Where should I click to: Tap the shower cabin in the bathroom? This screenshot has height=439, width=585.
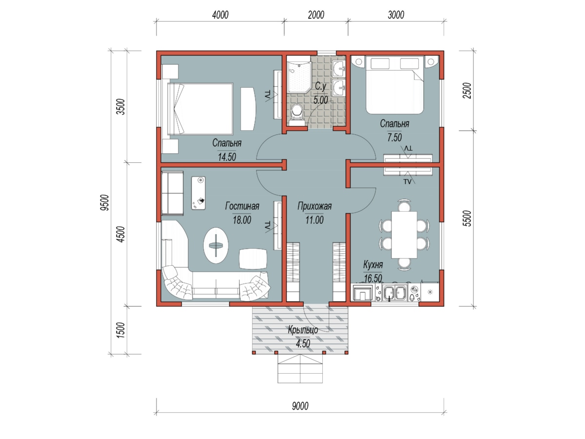[x=299, y=77]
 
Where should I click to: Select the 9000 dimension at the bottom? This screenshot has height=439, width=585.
[x=300, y=406]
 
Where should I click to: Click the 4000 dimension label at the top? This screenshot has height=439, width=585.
[x=220, y=15]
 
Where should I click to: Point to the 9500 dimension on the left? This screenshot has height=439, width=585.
[x=105, y=202]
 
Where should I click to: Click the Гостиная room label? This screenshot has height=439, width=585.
[x=242, y=206]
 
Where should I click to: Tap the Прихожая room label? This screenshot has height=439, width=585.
[x=314, y=206]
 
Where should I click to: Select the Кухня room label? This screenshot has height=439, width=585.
[x=373, y=265]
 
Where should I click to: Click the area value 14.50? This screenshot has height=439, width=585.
[x=227, y=157]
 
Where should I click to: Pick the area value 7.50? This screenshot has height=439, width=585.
[x=394, y=138]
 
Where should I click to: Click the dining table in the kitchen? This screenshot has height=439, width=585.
[x=404, y=235]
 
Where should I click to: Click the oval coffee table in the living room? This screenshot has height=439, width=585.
[x=216, y=245]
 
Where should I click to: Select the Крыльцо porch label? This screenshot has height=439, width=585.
[x=303, y=330]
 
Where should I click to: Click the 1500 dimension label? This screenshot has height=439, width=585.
[x=120, y=330]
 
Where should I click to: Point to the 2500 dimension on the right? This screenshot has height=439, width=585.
[x=467, y=91]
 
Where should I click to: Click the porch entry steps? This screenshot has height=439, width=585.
[x=300, y=369]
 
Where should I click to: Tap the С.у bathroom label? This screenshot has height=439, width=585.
[x=320, y=86]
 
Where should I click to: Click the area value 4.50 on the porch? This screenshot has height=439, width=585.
[x=303, y=343]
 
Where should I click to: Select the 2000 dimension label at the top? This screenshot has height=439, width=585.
[x=316, y=15]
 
